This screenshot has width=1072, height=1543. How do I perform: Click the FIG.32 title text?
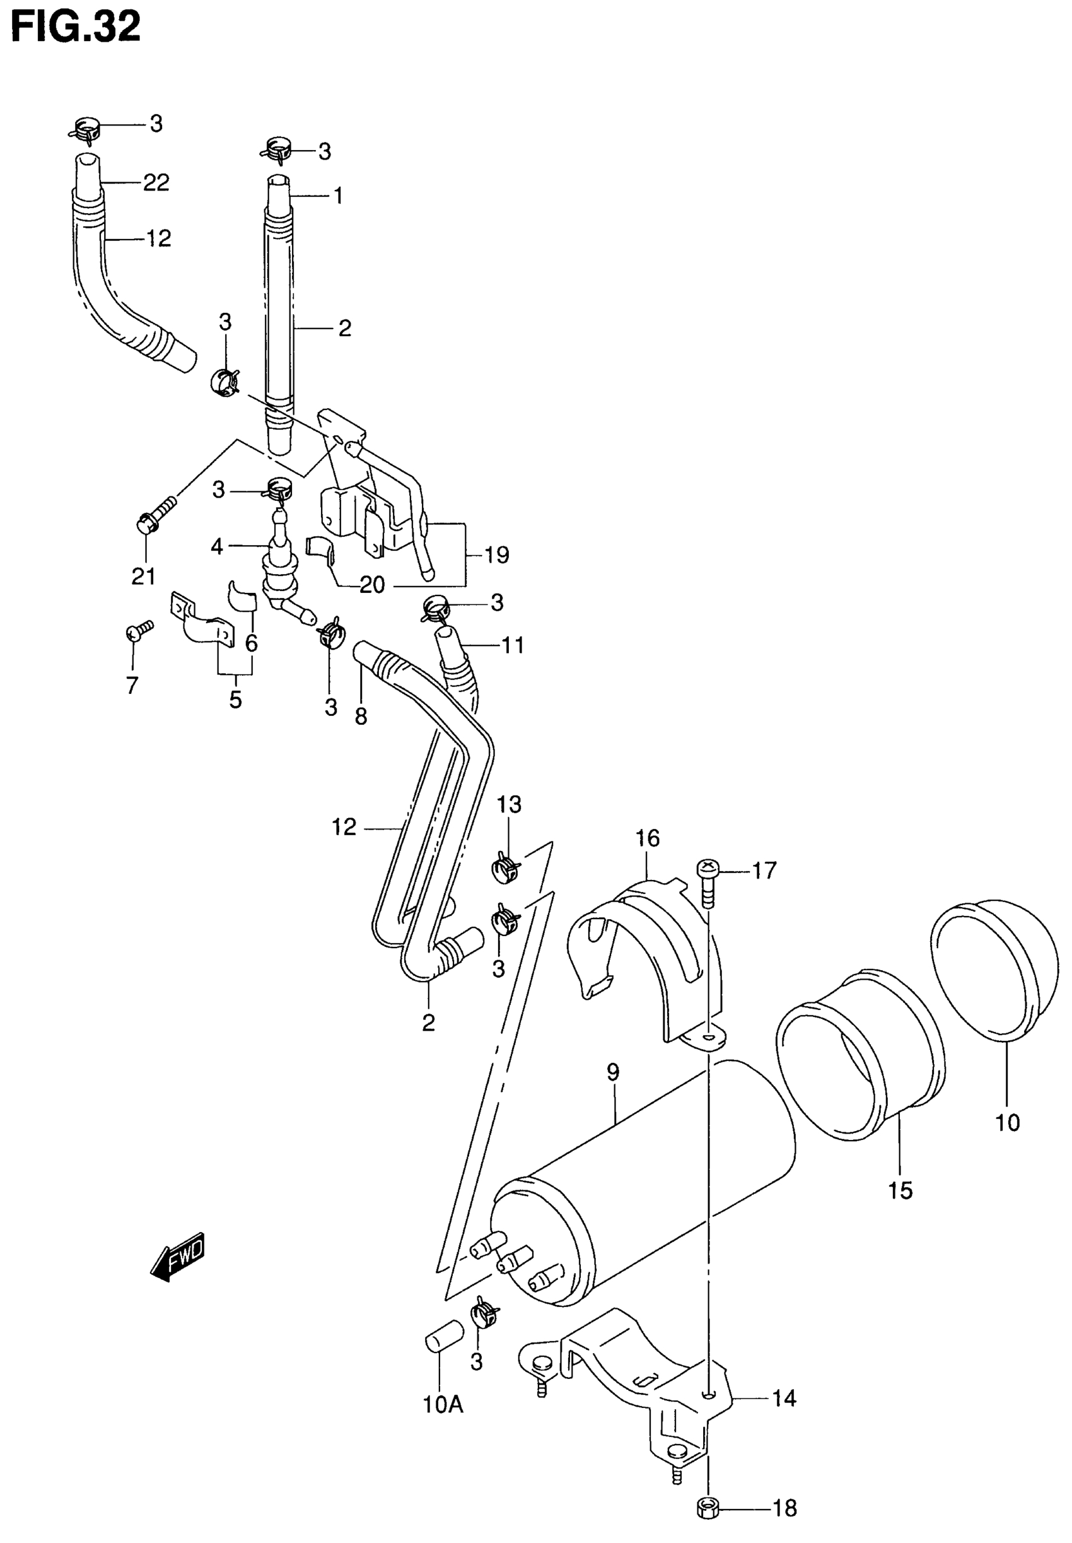(76, 27)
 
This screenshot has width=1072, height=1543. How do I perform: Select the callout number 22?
(156, 183)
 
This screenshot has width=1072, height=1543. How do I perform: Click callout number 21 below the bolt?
(143, 577)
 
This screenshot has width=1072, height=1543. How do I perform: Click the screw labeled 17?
(708, 881)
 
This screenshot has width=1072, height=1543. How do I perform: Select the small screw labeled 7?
(137, 631)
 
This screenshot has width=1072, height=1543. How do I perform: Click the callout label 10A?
(443, 1405)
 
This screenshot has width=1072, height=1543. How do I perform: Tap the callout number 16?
(648, 838)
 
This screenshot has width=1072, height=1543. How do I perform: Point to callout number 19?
(497, 555)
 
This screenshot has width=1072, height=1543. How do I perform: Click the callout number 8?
(361, 717)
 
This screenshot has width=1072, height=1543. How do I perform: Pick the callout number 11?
(513, 645)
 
